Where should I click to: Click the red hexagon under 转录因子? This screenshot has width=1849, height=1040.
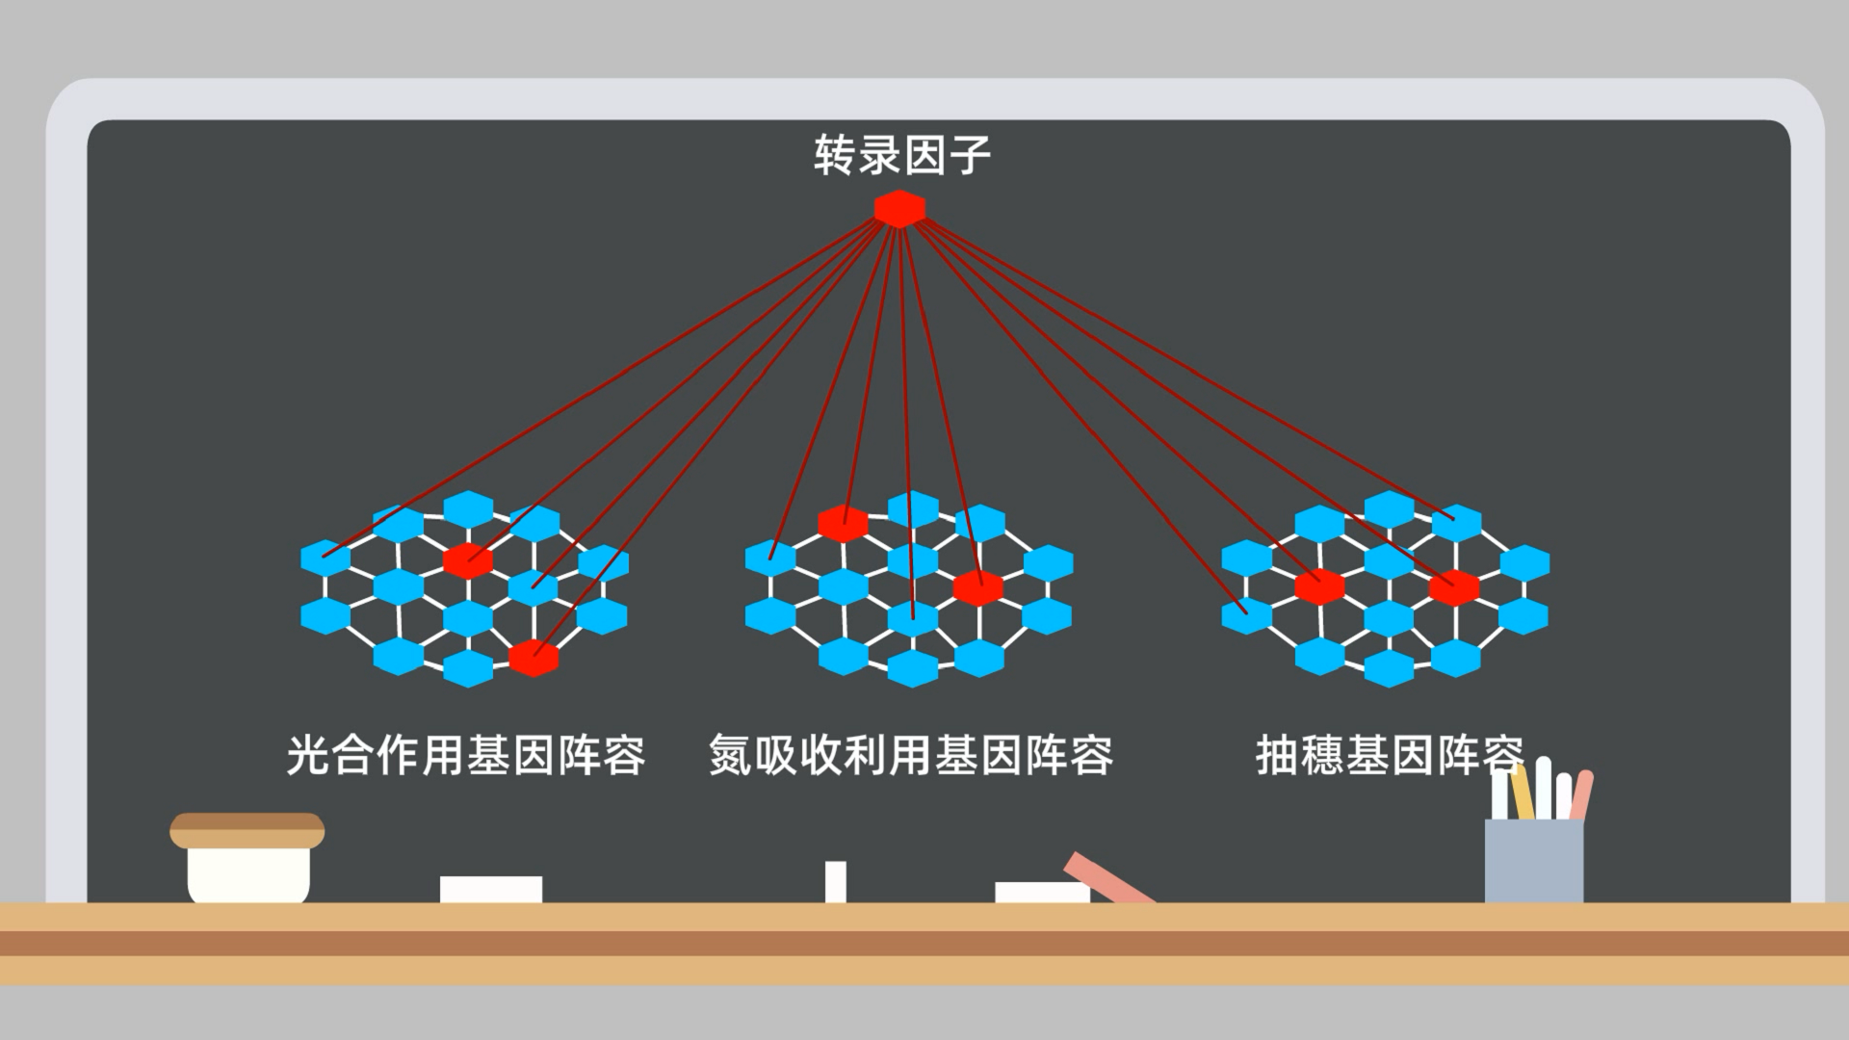[x=899, y=209]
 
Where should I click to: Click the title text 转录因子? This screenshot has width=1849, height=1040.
[x=901, y=155]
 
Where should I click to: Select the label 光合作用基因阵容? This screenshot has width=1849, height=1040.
[x=466, y=755]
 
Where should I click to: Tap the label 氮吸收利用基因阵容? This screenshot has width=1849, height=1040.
[x=911, y=755]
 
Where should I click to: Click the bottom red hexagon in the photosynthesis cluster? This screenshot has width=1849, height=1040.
[x=534, y=658]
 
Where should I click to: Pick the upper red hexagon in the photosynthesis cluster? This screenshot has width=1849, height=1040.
[x=468, y=559]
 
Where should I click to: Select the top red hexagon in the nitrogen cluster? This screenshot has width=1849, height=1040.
[x=843, y=523]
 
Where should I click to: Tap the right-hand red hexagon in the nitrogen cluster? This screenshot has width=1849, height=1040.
[x=978, y=587]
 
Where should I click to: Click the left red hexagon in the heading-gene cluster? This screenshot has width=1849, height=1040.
[x=1319, y=586]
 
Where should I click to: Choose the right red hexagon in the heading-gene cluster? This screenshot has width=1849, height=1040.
[x=1454, y=586]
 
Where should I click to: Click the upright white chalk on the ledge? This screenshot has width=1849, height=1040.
[x=836, y=882]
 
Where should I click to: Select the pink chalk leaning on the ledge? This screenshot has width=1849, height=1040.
[x=1107, y=877]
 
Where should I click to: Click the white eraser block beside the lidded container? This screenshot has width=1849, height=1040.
[x=491, y=889]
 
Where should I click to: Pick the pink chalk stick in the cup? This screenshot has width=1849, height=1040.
[x=1581, y=795]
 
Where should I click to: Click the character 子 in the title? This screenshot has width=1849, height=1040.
[x=970, y=155]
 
